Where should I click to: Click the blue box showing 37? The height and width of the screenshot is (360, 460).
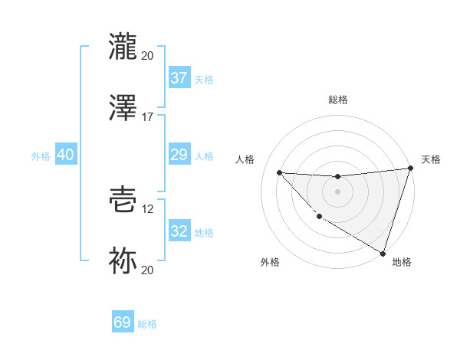[x=179, y=77]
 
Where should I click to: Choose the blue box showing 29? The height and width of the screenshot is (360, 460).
[x=179, y=155]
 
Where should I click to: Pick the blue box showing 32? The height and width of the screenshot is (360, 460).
[x=179, y=231]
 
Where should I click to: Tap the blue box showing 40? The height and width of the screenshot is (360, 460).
[x=65, y=155]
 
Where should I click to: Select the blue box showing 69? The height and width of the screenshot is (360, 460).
[x=123, y=322]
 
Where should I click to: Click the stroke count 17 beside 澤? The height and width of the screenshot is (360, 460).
[x=147, y=116]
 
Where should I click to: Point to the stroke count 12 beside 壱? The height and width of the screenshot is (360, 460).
[x=147, y=208]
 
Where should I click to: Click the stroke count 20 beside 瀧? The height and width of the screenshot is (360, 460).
[x=147, y=55]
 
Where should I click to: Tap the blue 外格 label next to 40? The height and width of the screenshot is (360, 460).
[x=41, y=155]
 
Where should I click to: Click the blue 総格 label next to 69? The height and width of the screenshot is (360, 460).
[x=147, y=324]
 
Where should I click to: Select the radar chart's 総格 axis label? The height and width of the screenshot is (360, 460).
[x=337, y=100]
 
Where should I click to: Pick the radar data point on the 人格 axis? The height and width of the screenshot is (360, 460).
[x=279, y=172]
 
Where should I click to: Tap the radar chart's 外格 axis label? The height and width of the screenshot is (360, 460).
[x=270, y=263]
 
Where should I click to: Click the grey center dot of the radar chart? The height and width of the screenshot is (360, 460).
[x=337, y=191]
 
